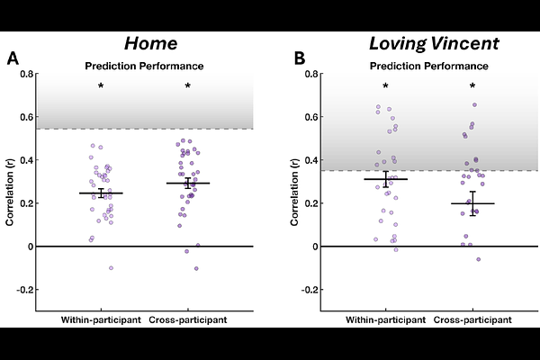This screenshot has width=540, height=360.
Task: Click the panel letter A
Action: [x=13, y=59]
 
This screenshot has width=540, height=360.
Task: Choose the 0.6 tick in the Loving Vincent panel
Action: [x=310, y=117]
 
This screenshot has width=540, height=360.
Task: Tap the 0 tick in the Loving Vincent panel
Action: [x=316, y=247]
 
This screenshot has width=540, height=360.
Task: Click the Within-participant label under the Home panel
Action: [x=101, y=321]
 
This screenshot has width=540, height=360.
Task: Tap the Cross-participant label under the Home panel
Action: [x=188, y=321]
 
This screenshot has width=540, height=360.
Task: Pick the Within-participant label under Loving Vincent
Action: [x=385, y=321]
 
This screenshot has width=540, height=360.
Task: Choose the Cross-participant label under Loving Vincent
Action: [x=472, y=321]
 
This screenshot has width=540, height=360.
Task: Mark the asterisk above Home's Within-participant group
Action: [x=101, y=86]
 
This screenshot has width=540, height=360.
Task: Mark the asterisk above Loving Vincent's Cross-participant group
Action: [x=472, y=86]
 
